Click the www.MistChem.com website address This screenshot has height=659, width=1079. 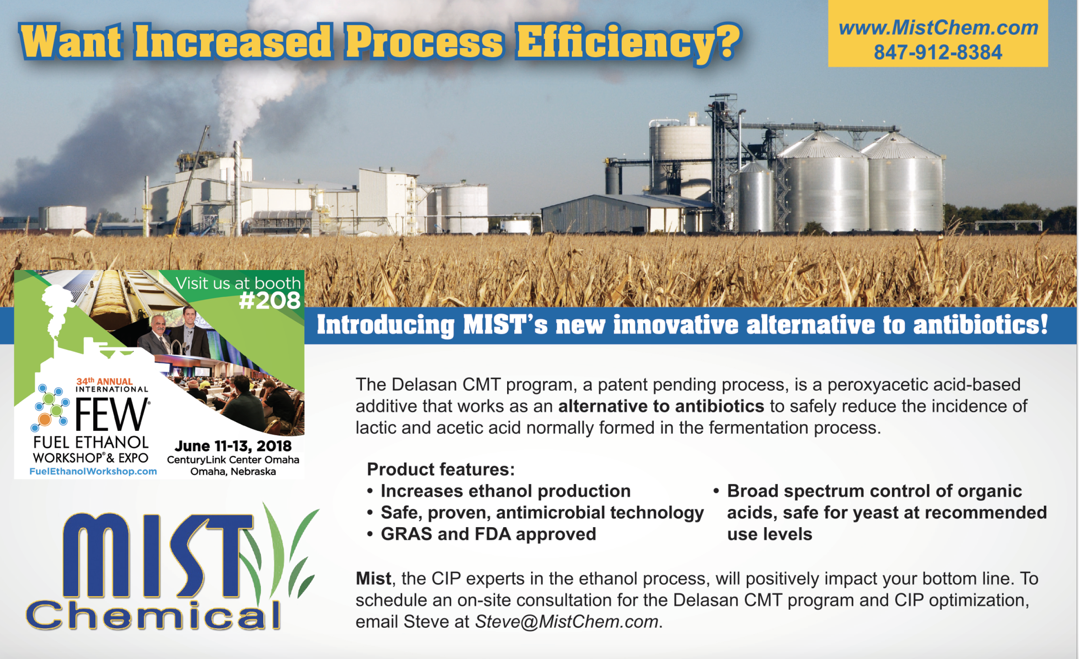(938, 28)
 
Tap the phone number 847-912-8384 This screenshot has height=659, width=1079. (938, 52)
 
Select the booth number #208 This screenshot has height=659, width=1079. (270, 300)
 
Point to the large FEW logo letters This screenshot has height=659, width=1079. (112, 414)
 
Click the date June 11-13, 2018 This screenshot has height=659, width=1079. (233, 446)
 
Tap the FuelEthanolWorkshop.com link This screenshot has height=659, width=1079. (93, 471)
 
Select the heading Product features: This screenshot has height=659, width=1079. (441, 470)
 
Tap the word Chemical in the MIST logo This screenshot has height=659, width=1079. (153, 615)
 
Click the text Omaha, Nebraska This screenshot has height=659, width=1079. (233, 472)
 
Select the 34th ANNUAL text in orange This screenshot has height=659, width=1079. (104, 381)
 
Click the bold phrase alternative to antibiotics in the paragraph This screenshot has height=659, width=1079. (661, 406)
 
